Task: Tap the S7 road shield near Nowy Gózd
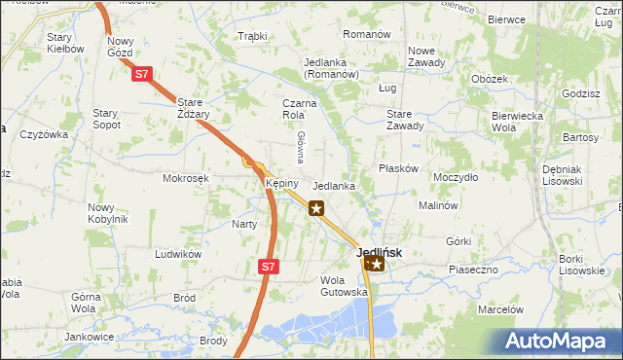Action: [142, 74]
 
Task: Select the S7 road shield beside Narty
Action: [270, 265]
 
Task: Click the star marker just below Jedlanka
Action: [316, 207]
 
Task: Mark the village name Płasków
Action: [398, 168]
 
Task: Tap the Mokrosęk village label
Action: [186, 178]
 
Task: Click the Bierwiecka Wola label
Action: [516, 121]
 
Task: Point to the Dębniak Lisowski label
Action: [563, 174]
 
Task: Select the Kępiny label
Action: [281, 183]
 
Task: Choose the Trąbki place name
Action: [252, 36]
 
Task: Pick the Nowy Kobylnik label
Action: [107, 212]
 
